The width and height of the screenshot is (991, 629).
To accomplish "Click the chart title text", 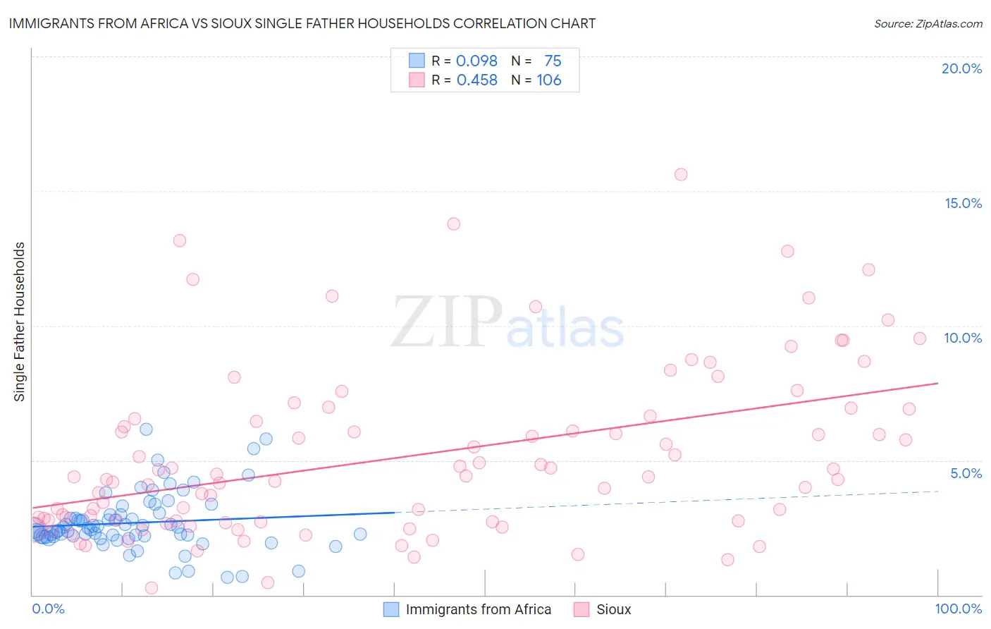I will click(x=302, y=24).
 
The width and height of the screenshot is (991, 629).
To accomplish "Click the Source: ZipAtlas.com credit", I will click(x=928, y=24).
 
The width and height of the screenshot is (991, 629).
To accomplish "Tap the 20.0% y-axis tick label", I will click(x=961, y=68).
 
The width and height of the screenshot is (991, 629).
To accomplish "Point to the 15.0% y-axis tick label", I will click(x=963, y=203).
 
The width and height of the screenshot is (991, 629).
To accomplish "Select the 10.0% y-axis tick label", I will click(x=963, y=338).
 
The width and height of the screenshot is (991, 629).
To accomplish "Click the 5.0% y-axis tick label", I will click(x=966, y=473).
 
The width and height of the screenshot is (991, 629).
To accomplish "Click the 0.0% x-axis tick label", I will click(x=48, y=609).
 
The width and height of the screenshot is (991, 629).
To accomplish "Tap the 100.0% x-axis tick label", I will click(x=958, y=609).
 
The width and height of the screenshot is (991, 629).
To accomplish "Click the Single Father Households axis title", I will click(x=20, y=322).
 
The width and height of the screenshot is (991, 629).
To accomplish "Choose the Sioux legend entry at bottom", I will click(x=613, y=609).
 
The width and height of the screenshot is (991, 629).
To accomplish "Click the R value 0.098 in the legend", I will click(x=476, y=61).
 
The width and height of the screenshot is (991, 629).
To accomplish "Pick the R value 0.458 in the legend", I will click(x=476, y=80).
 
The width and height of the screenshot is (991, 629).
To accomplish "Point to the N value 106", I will click(x=549, y=80).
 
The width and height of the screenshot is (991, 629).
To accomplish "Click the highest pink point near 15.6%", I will click(x=681, y=174).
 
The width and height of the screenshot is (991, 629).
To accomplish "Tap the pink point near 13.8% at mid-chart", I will click(x=453, y=224).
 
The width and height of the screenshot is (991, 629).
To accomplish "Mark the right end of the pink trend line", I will click(x=938, y=383).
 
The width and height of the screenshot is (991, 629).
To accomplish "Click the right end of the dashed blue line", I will click(x=938, y=491).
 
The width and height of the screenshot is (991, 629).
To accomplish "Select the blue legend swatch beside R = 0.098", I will click(x=417, y=61).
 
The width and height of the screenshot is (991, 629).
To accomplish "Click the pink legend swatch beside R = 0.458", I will click(x=417, y=80).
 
